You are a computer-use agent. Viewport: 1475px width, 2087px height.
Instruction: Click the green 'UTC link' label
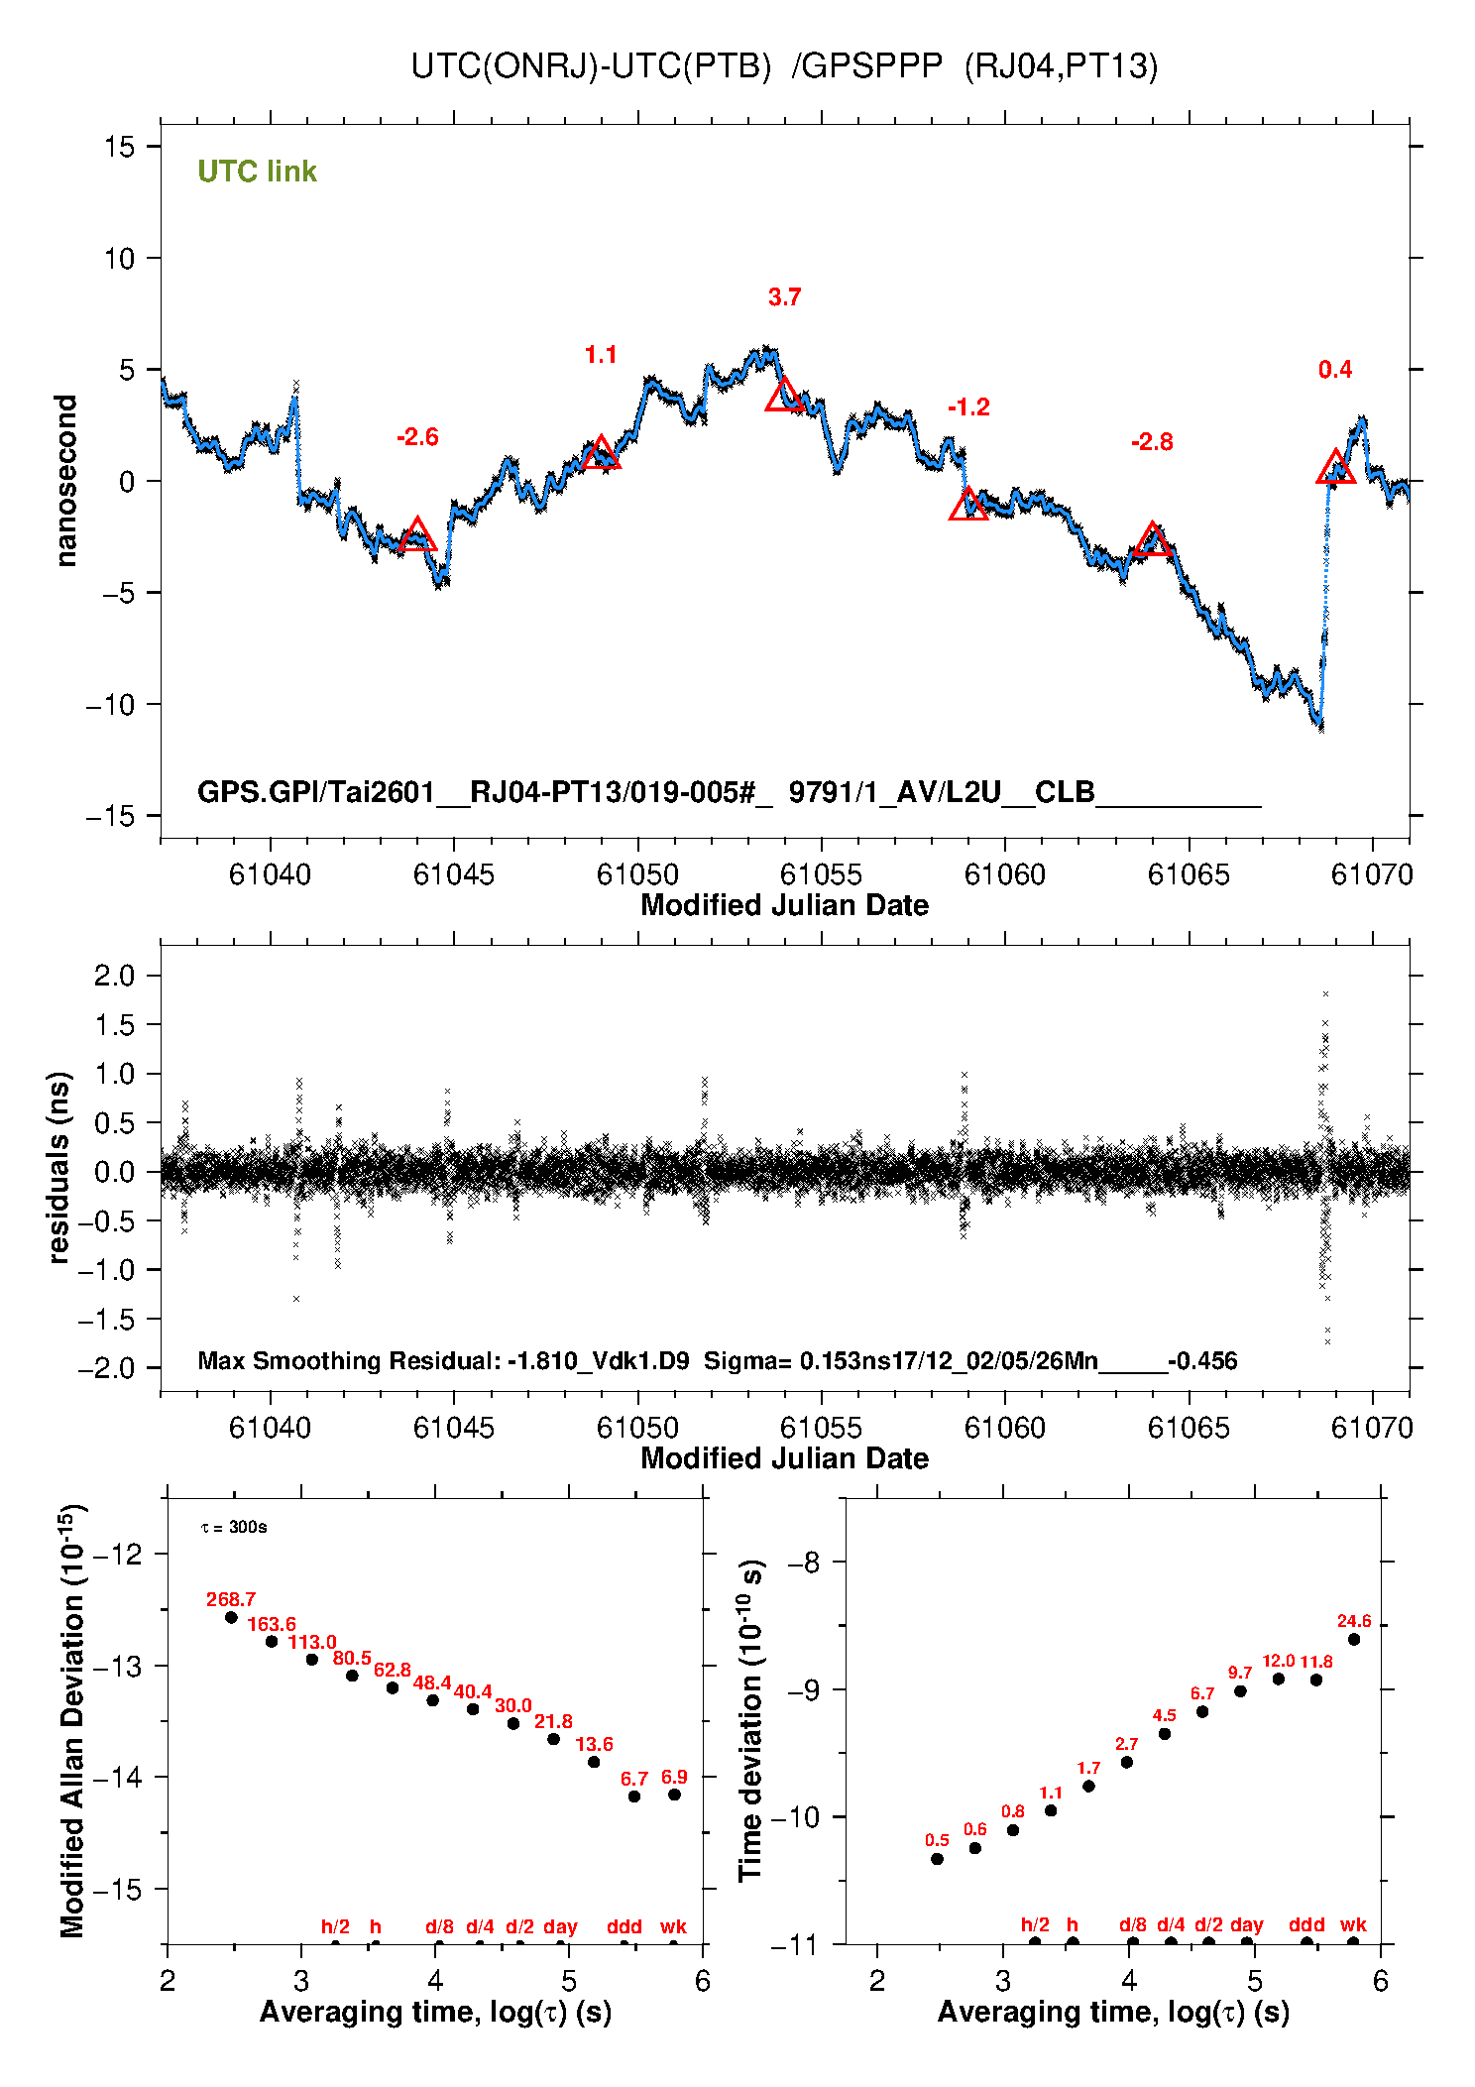tap(257, 172)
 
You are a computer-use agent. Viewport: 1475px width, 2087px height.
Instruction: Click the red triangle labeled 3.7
tap(784, 395)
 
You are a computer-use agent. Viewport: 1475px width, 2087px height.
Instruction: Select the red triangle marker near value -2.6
tap(417, 534)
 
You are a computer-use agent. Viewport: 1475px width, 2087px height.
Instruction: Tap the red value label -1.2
tap(968, 407)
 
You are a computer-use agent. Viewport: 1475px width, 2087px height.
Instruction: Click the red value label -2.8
tap(1152, 442)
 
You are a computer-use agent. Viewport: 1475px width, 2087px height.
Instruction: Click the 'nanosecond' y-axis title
tap(65, 481)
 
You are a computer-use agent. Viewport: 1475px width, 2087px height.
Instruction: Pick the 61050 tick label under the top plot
tap(637, 874)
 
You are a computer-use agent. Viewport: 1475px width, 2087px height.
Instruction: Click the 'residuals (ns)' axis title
tap(59, 1168)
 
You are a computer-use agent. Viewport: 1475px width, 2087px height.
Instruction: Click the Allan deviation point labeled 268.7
tap(231, 1617)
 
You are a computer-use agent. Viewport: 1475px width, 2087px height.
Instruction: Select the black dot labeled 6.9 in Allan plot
tap(674, 1795)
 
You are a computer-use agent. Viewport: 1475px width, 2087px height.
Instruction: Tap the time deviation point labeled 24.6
tap(1354, 1639)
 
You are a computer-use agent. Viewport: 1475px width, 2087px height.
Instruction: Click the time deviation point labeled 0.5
tap(937, 1859)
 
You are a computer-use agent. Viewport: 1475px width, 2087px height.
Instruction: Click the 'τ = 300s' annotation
tap(234, 1527)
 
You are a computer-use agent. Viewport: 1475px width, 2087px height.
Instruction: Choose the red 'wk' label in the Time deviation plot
tap(1353, 1924)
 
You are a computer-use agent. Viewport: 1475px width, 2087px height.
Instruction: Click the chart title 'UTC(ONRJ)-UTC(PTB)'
tap(591, 66)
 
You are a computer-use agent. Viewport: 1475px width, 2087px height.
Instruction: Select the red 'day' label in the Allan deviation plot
tap(560, 1926)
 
